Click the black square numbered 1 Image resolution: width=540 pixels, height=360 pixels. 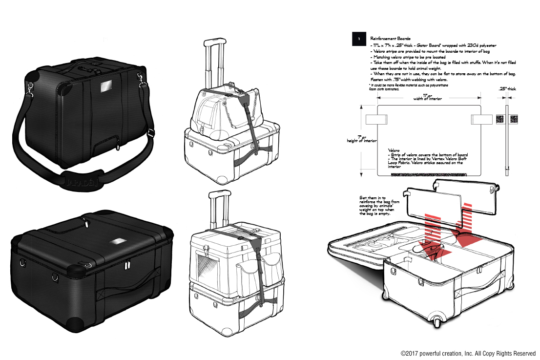[x=359, y=39]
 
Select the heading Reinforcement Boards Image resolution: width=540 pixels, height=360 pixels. [x=390, y=38]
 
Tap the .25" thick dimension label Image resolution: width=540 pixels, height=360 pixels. [x=507, y=89]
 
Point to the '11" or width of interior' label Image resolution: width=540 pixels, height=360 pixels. [x=428, y=97]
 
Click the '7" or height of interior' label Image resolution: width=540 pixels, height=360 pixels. [x=362, y=139]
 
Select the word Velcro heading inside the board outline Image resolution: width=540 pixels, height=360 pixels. [x=395, y=150]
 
